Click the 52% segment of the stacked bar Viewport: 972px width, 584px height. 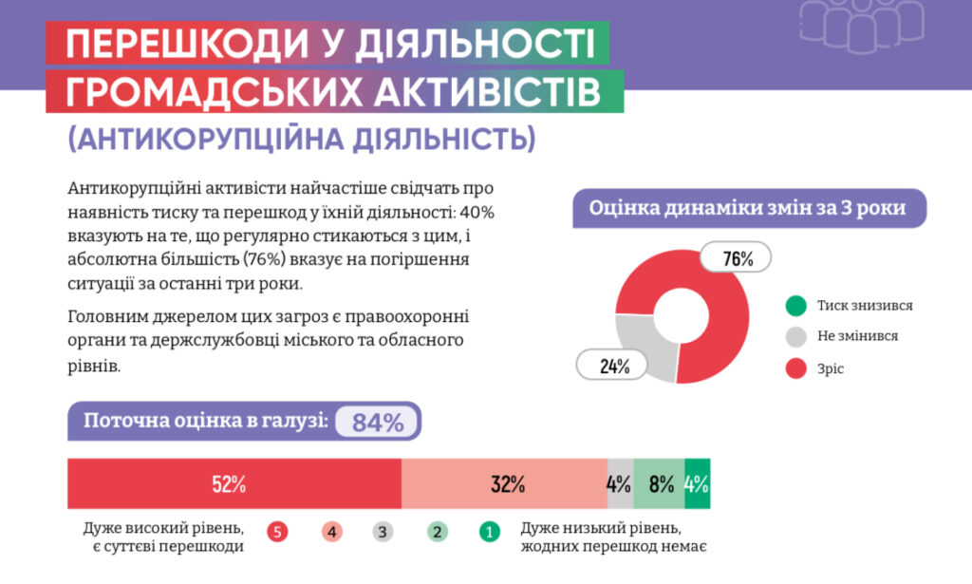click(x=234, y=483)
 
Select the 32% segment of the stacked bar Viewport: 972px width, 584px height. click(x=504, y=483)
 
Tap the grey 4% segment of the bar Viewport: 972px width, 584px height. click(x=620, y=483)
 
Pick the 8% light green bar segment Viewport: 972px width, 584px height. click(x=659, y=483)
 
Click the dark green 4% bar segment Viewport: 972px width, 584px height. click(x=697, y=483)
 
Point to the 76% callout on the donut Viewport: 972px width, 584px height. click(x=737, y=257)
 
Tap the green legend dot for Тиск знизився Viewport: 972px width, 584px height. click(x=795, y=306)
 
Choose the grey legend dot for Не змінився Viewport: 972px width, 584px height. click(x=795, y=336)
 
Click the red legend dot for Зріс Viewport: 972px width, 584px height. click(x=795, y=368)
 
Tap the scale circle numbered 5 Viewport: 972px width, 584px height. click(x=277, y=532)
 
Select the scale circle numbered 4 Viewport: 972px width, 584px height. click(x=331, y=532)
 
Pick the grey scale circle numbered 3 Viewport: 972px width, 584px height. click(x=383, y=532)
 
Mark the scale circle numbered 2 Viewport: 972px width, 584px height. click(x=437, y=532)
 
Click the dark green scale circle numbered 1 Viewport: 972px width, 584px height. click(x=490, y=532)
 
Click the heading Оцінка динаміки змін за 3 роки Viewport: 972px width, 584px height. click(x=747, y=207)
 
